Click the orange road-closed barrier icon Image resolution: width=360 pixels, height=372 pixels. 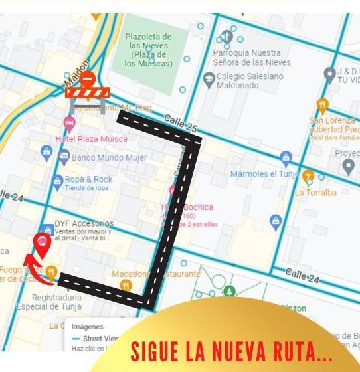click(86, 91)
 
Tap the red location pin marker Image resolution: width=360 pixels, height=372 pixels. click(43, 245)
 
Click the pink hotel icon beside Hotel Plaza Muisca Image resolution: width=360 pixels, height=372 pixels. click(69, 123)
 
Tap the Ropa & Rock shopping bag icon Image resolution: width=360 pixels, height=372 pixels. click(58, 181)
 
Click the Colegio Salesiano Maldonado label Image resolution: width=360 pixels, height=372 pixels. click(249, 81)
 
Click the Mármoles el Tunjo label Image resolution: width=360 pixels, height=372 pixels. click(261, 174)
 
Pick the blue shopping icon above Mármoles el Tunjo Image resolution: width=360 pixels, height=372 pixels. click(286, 157)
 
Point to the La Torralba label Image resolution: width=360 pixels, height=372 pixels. click(315, 193)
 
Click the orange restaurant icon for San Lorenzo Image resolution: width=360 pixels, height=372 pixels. click(322, 105)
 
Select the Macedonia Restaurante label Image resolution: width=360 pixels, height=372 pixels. click(155, 274)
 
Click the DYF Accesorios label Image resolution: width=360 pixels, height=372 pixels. click(84, 224)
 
